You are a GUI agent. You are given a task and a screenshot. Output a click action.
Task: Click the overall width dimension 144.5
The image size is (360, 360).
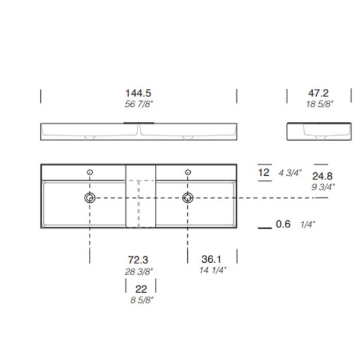[x=138, y=93]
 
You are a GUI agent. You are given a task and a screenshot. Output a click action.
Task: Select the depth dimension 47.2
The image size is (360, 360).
[x=319, y=93]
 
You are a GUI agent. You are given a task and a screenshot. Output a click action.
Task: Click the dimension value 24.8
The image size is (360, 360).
[x=323, y=176]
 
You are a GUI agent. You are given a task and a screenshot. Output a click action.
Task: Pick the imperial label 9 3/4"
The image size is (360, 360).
[x=323, y=186]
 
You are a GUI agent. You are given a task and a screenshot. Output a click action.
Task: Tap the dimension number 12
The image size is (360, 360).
[x=263, y=173]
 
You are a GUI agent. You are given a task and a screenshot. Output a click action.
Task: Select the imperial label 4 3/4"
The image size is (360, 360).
[x=289, y=173]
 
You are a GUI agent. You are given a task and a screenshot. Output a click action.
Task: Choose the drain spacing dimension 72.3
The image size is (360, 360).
[x=137, y=260]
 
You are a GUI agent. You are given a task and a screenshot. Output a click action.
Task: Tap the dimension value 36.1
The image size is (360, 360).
[x=211, y=260]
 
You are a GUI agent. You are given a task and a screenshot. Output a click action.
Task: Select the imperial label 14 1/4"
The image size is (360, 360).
[x=211, y=271]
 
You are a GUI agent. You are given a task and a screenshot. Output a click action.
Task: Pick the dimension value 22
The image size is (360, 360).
[x=142, y=289]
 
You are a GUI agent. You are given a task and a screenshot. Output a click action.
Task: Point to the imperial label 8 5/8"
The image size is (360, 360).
[x=142, y=299]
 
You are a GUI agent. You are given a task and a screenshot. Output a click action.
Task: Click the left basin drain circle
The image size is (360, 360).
[x=90, y=197]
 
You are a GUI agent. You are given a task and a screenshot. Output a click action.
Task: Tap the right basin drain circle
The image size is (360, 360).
[x=188, y=197]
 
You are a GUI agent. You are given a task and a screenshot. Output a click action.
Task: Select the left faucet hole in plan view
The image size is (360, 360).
[x=90, y=173]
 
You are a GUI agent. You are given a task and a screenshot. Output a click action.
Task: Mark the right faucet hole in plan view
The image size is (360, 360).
[x=188, y=173]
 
